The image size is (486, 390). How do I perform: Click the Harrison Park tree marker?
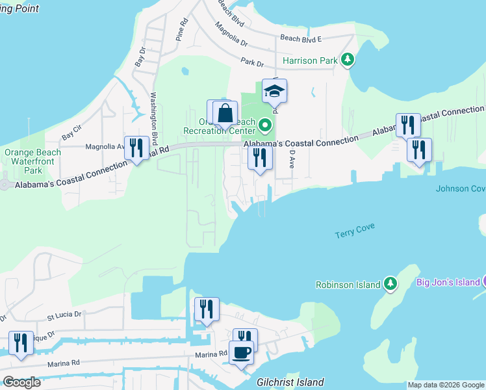coord(348,60)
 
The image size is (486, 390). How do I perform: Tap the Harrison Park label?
coord(310,60)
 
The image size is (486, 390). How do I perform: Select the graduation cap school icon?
coord(274,92)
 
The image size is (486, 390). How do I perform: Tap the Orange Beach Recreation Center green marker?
coord(264,124)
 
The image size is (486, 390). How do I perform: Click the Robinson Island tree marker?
coord(390,283)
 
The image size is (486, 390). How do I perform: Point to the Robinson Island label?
coord(348,284)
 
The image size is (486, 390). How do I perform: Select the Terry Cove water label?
coord(355,230)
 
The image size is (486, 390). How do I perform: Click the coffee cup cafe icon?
coord(241,353)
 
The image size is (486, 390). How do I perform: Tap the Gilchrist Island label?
coord(290,382)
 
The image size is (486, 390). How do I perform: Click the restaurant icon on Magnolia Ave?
coord(136,148)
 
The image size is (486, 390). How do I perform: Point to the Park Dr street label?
coord(251,63)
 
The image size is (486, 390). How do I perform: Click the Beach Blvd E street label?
coord(301,39)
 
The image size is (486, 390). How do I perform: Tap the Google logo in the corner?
coord(22,382)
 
